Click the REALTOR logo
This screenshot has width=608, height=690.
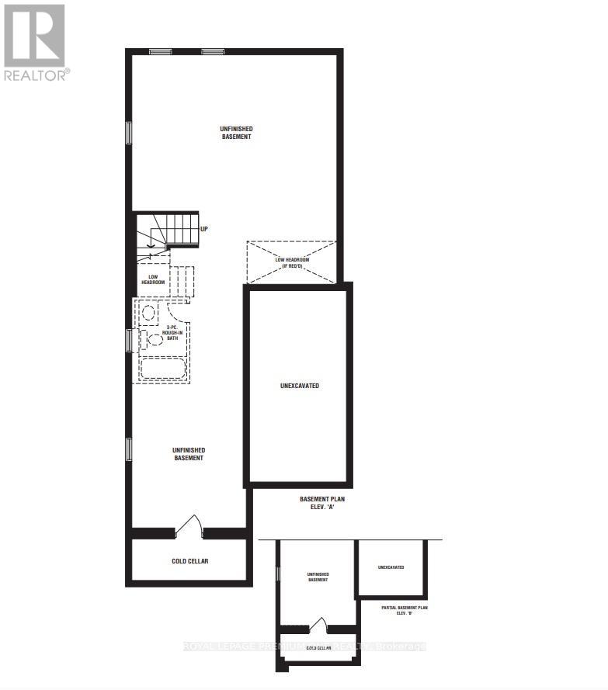point(35,43)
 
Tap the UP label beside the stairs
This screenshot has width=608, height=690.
point(204,229)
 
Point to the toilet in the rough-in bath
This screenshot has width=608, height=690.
point(151,339)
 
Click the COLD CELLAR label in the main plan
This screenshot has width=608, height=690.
point(189,560)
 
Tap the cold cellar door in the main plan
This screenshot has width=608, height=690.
point(189,525)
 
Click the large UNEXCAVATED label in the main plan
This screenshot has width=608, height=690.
point(299,386)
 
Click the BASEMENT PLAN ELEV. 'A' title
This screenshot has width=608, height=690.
point(322,504)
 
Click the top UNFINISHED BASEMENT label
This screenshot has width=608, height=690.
point(236,133)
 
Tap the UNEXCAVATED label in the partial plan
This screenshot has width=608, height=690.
point(391,567)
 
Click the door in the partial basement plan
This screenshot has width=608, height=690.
point(318,625)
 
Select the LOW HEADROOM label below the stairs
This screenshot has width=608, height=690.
point(152,279)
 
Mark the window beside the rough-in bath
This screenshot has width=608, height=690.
point(130,340)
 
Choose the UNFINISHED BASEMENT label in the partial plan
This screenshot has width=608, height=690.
point(318,577)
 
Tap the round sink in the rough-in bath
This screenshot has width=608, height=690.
point(149,314)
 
